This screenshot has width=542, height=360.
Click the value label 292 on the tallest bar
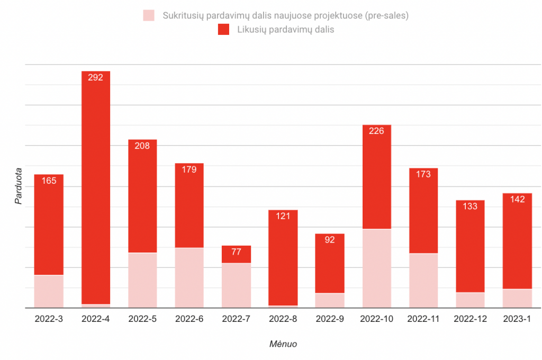(x=95, y=77)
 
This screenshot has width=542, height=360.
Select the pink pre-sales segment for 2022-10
(x=376, y=268)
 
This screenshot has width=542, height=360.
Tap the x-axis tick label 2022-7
(x=236, y=319)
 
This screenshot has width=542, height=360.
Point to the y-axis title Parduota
(x=19, y=186)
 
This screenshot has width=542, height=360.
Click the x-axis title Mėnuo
(x=283, y=344)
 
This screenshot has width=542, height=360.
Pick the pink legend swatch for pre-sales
(x=149, y=15)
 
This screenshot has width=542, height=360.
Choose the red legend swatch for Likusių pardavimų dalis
(x=223, y=30)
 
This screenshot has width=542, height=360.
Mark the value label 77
(x=236, y=252)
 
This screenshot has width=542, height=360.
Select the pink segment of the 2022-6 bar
(x=189, y=277)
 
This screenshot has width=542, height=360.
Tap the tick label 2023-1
(x=517, y=319)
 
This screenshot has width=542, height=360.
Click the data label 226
(x=376, y=131)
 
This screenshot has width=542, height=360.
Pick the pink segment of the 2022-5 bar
(x=142, y=280)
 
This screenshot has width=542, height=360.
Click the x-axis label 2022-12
(x=470, y=319)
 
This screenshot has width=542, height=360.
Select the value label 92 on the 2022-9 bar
(x=330, y=240)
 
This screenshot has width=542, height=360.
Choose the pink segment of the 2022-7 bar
(x=236, y=285)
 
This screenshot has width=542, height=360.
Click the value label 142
(x=517, y=200)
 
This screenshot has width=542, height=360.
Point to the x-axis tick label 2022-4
(x=95, y=319)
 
